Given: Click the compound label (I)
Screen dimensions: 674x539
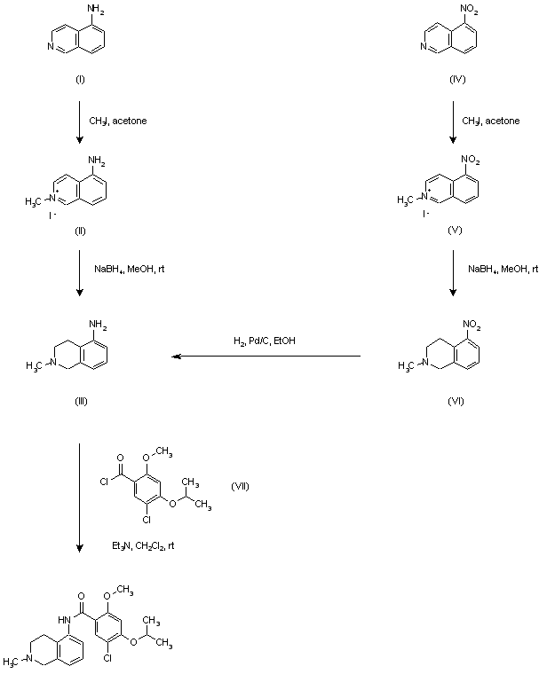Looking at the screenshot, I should (80, 81).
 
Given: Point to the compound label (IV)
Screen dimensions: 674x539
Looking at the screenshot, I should (457, 81).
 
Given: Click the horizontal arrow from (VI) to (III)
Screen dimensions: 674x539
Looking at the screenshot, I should (266, 357).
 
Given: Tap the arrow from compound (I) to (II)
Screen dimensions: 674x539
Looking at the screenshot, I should (80, 124).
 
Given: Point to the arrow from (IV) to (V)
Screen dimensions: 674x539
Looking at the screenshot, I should (456, 124).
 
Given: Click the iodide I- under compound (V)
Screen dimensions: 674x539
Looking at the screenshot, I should (427, 214).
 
